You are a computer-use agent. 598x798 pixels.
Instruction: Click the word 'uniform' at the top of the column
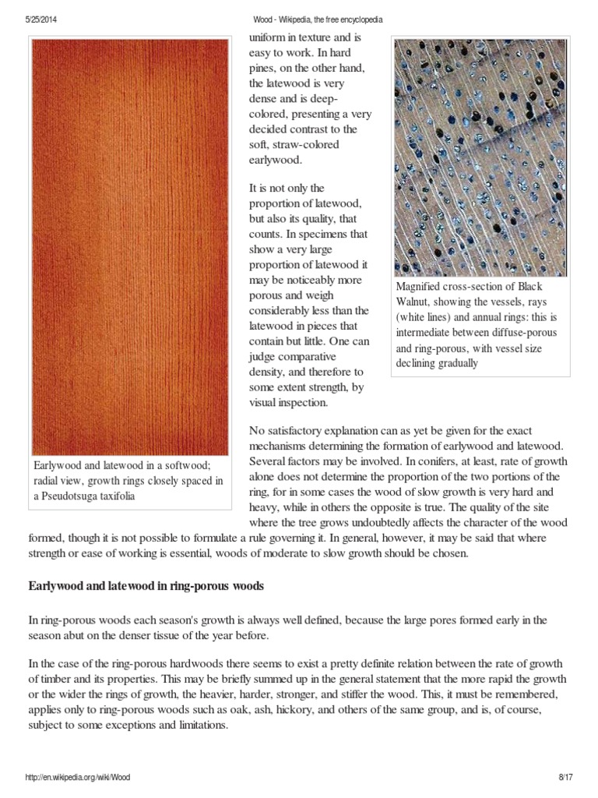pos(267,37)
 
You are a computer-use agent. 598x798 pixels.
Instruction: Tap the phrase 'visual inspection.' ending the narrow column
pos(289,403)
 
